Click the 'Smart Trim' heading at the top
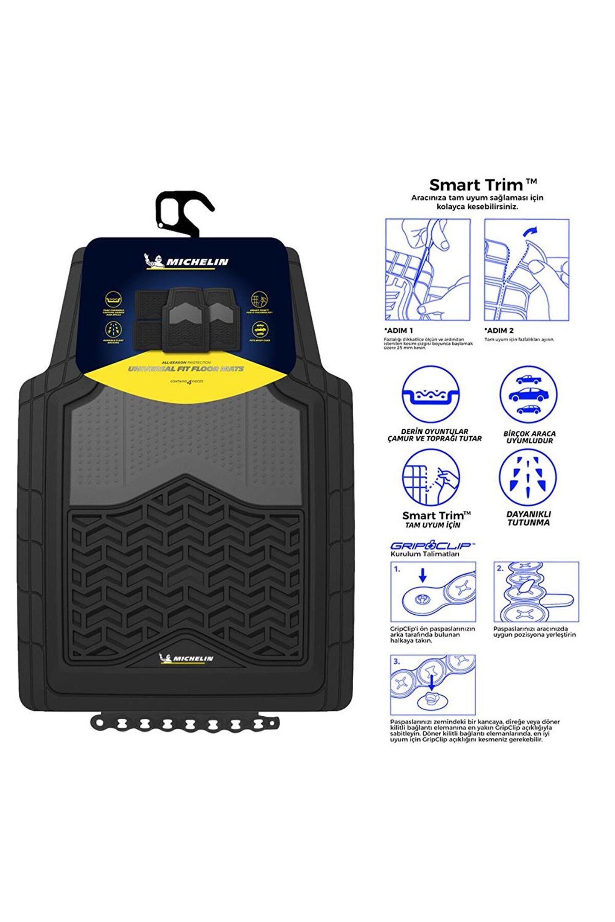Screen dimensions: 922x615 [x=483, y=185]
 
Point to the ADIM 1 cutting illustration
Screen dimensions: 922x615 [x=428, y=270]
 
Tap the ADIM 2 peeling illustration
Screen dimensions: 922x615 [x=527, y=270]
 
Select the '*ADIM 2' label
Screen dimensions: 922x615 [x=499, y=330]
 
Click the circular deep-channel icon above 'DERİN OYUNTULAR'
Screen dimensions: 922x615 [x=430, y=394]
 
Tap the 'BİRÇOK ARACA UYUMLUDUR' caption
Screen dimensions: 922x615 [x=529, y=437]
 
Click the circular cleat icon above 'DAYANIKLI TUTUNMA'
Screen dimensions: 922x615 [x=528, y=477]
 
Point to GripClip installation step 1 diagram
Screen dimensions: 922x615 [x=433, y=592]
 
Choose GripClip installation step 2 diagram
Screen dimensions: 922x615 [x=536, y=592]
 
